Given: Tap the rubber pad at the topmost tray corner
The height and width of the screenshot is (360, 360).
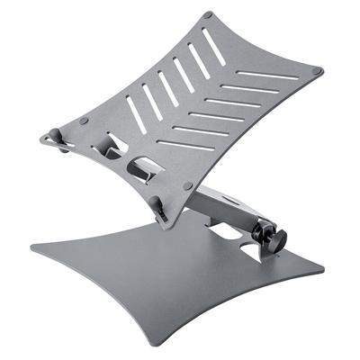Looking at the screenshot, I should point(210,15).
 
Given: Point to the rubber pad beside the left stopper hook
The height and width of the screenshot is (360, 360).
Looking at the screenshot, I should point(84,121).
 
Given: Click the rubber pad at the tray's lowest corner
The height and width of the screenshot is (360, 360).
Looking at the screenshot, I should point(187,185).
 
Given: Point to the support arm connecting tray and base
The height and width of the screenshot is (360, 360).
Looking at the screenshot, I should point(229,207).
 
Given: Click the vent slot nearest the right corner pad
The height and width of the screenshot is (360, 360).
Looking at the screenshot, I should point(279,76).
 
